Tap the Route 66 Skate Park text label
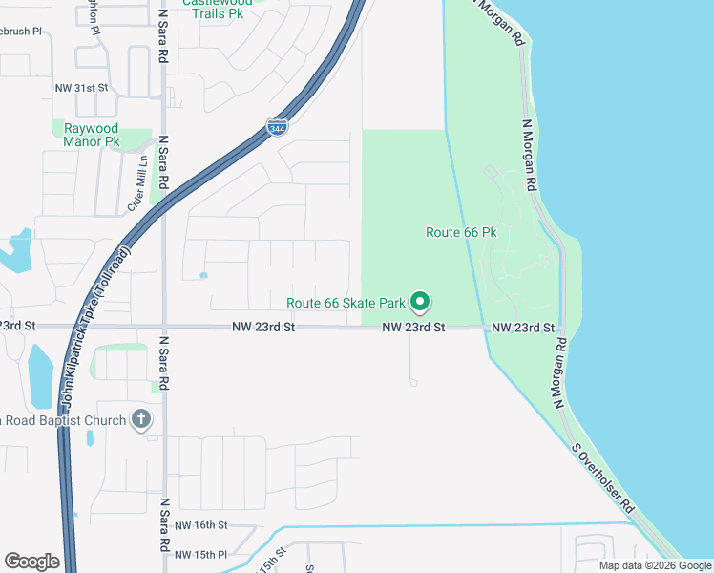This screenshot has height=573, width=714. coord(346,304)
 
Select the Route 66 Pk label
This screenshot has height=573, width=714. coord(462,232)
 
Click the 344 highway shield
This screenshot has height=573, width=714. coord(276,128)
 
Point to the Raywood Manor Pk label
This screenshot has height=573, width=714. coord(91,135)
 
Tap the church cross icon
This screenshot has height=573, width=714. coord(141,419)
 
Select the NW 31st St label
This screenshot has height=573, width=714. coord(83,88)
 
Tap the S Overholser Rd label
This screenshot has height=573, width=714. coord(603,480)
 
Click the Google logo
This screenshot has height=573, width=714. coord(31,561)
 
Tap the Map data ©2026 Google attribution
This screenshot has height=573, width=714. coord(654,565)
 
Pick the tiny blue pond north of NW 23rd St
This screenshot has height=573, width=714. coord(203,276)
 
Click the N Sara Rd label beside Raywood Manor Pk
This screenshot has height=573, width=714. coord(163,166)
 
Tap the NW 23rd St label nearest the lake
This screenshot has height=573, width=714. coord(523,328)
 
